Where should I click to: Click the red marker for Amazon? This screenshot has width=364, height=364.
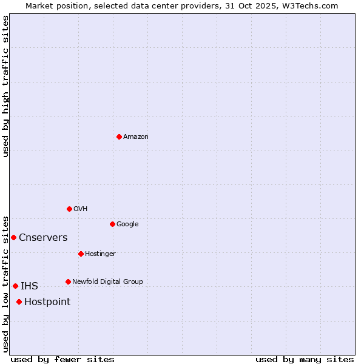pos(119,136)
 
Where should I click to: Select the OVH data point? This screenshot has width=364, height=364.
pos(69,209)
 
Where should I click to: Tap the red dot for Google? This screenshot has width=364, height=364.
pos(112,224)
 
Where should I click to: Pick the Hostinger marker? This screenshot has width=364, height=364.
pos(81,254)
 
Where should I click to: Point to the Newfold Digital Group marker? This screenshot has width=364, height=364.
pos(68,281)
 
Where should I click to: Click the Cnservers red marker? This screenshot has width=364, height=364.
pos(13,237)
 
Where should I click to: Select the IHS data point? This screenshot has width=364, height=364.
pos(15,286)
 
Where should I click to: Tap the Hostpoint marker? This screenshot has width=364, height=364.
pos(19,302)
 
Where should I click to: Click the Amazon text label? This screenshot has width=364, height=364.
pos(136,136)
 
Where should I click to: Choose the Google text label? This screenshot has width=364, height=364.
pos(127,224)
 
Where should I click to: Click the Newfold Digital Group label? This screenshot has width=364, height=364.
pos(107,281)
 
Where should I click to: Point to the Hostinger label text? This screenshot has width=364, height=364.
pos(100,254)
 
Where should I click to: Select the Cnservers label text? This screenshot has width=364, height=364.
pos(43,237)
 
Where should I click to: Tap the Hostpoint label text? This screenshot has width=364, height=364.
pos(47,302)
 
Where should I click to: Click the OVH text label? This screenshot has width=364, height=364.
pos(81,209)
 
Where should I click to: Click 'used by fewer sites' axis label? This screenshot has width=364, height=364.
pos(62,359)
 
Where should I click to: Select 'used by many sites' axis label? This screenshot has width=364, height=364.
pos(305,359)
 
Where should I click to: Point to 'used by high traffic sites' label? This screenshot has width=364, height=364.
pos(5,86)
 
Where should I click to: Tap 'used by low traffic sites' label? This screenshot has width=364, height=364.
pos(5,284)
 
